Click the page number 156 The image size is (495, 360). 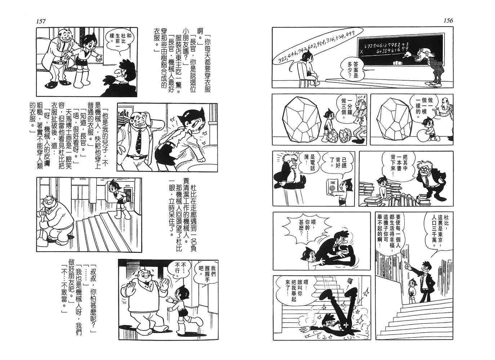[448, 21]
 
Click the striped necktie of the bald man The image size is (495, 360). [139, 142]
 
